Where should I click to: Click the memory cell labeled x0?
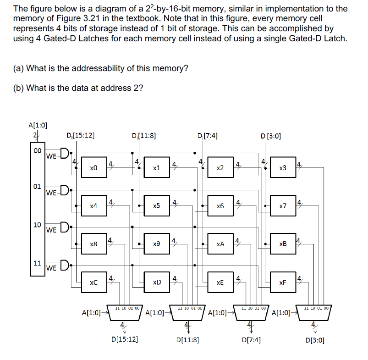click(93, 168)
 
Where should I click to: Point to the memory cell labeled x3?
click(283, 168)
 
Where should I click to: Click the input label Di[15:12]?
click(80, 136)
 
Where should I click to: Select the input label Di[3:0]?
click(270, 136)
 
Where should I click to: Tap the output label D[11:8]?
click(187, 340)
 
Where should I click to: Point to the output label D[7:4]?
click(251, 340)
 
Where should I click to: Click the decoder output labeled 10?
click(37, 225)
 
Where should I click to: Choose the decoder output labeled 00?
click(37, 150)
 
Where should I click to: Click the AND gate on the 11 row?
click(64, 265)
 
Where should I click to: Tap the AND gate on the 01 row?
click(64, 189)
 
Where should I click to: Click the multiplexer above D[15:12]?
click(124, 312)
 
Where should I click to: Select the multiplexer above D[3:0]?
click(314, 312)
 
